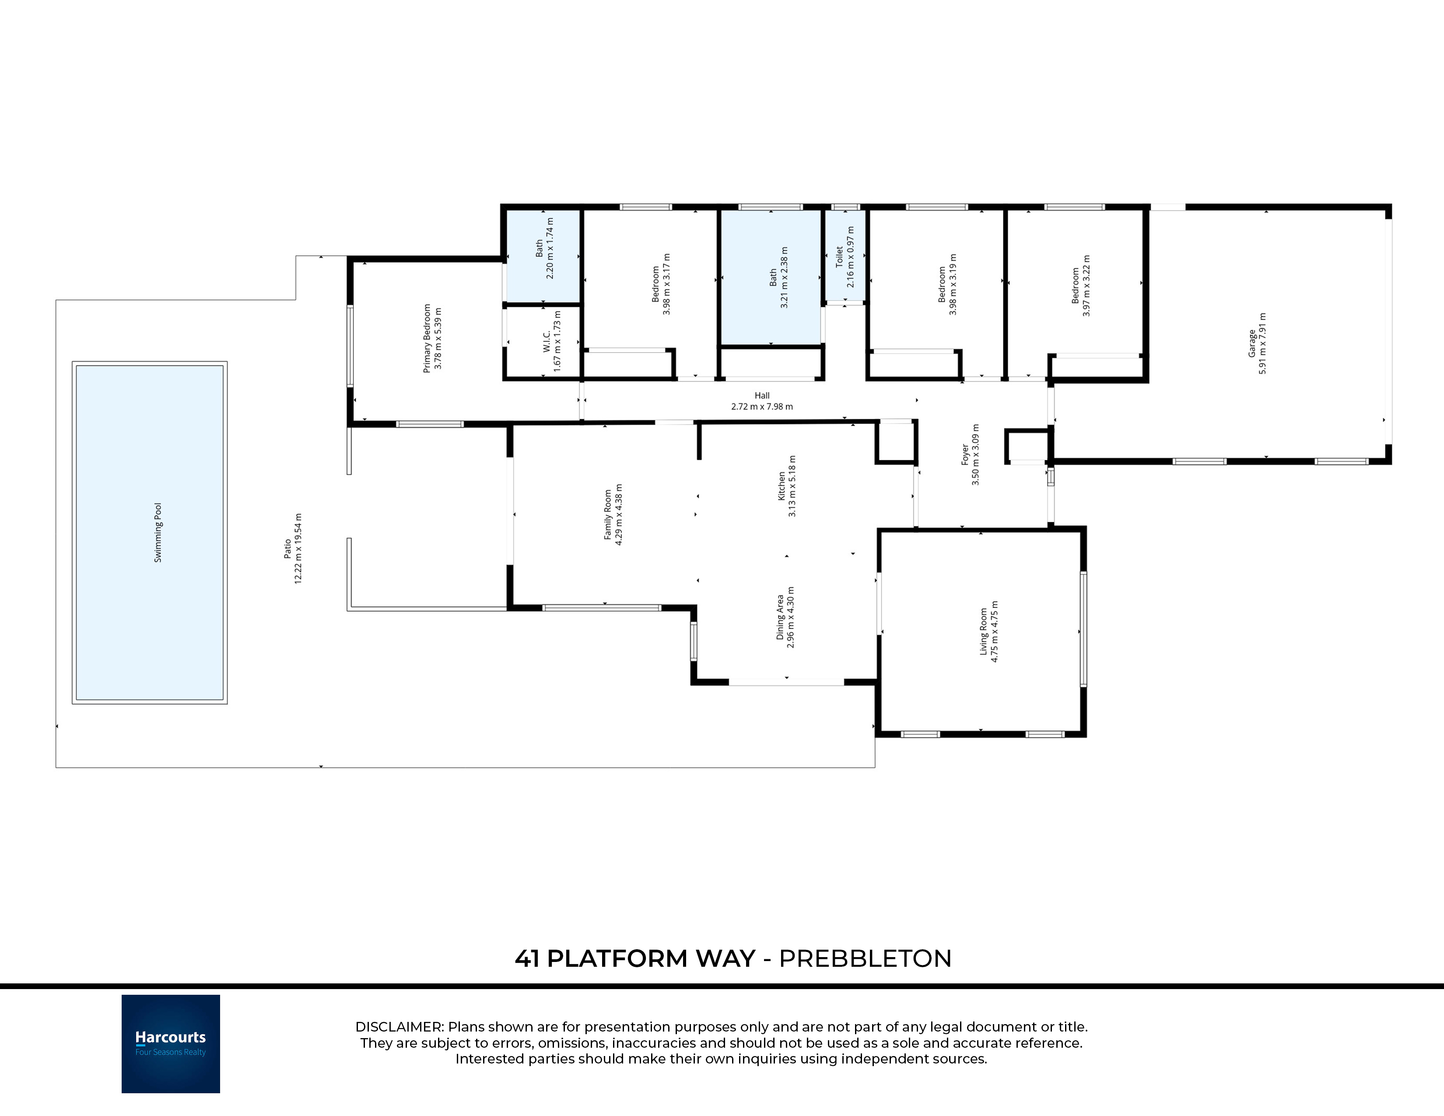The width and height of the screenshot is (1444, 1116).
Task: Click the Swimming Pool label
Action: tap(158, 533)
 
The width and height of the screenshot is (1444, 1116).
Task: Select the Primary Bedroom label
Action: tap(427, 338)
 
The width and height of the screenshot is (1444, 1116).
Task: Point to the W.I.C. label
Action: tap(547, 340)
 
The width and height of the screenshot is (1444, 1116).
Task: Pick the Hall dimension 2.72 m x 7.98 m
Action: tap(762, 407)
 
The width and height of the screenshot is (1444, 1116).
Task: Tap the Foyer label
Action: tap(965, 455)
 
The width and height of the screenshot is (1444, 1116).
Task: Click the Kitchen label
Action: tap(782, 486)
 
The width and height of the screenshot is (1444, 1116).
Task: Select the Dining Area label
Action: tap(780, 618)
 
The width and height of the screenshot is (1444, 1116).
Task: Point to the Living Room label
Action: tap(983, 632)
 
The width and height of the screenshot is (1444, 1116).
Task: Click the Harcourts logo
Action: tap(171, 1044)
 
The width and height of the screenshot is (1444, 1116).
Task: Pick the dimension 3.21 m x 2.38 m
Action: tap(785, 277)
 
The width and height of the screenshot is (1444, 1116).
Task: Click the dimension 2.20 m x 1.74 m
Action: tap(550, 248)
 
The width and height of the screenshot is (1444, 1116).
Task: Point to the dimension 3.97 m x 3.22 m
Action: tap(1087, 286)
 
